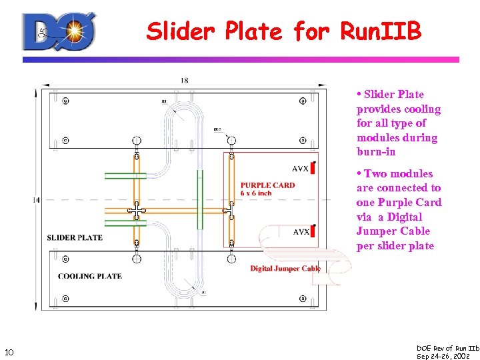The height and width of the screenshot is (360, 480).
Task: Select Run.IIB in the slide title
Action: pos(381,31)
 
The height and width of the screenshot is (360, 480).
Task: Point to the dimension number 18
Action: pos(184,81)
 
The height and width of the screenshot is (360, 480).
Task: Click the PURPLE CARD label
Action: pos(267,185)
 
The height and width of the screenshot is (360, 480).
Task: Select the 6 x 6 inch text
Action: pos(256,193)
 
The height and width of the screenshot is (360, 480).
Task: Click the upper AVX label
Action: pos(301,169)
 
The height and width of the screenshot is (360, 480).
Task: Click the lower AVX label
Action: pos(301,232)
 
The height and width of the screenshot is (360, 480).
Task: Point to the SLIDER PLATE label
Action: pos(75,237)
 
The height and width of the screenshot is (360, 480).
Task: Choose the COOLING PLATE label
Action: pos(89,276)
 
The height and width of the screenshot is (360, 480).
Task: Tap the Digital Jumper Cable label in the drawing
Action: pos(285,269)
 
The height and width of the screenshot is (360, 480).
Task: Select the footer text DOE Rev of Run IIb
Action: pos(447,348)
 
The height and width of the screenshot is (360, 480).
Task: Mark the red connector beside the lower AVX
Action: pos(312,231)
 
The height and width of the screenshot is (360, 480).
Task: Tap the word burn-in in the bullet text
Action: pos(376,152)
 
